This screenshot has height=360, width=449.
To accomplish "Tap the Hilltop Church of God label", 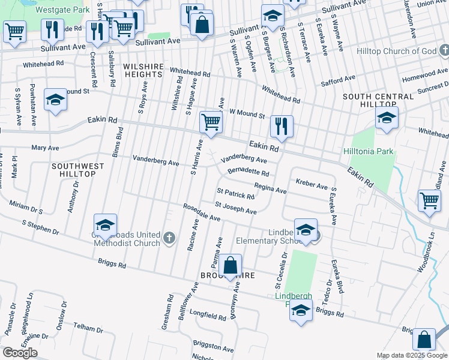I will click(404, 52).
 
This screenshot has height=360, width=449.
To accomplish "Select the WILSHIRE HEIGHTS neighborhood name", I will click(143, 70).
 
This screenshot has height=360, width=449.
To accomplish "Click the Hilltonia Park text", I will click(369, 151).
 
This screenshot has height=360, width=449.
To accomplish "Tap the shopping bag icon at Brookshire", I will click(230, 265).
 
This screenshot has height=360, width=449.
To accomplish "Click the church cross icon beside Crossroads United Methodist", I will click(169, 238).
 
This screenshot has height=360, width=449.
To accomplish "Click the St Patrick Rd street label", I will click(236, 194).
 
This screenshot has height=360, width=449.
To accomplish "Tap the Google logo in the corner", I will click(20, 353).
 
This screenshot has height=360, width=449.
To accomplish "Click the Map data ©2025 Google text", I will click(411, 355).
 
